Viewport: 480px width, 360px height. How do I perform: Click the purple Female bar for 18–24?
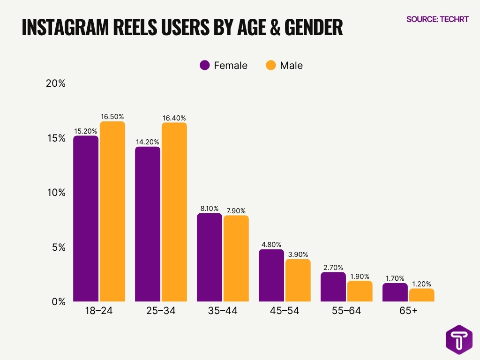pos(86,218)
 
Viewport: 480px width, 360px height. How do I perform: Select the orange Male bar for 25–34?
pos(174,212)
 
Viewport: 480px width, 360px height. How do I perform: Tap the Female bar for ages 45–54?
pos(271,275)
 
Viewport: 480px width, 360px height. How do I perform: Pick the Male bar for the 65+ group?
pos(421,295)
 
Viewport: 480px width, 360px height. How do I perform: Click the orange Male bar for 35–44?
pos(236,258)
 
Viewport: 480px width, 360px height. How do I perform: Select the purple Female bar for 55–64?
pos(333,286)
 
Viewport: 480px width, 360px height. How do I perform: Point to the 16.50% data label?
pos(112,117)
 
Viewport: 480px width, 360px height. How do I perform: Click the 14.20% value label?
pos(148,142)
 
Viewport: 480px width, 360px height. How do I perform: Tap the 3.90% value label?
pos(298,254)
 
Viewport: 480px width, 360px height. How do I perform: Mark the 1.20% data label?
pos(421,284)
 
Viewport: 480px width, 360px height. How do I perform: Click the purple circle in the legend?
pos(205,66)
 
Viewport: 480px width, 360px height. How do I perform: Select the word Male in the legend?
pos(291,66)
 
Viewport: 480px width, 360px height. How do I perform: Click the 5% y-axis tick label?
pos(58,247)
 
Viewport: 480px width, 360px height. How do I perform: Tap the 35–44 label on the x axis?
pos(223,311)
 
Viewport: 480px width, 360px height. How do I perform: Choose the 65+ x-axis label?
pos(408,311)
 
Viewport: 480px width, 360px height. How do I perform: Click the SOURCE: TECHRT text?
pos(437,19)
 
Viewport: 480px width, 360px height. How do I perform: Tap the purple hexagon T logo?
pos(458,340)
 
